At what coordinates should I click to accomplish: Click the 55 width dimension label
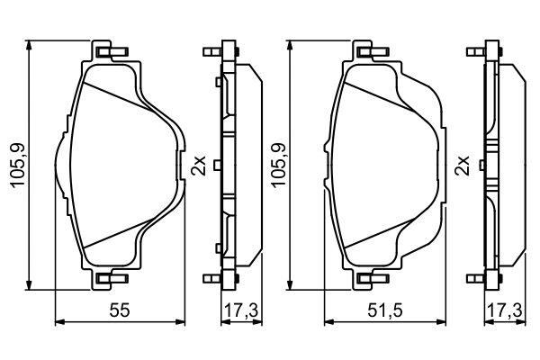[118, 310]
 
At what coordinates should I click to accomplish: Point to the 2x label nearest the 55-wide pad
[199, 166]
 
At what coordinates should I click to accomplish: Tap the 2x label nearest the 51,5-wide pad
[463, 166]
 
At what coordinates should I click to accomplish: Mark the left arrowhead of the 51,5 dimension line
[327, 320]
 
